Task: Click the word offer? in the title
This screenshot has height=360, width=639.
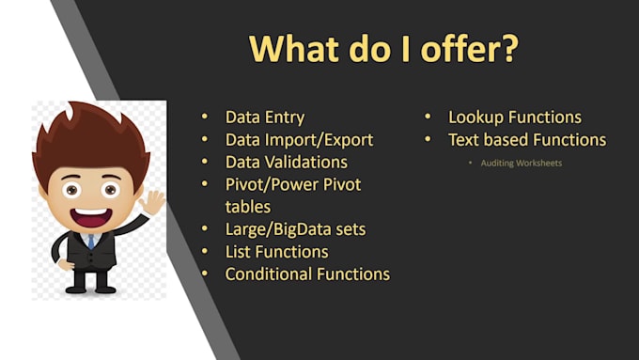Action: (x=467, y=50)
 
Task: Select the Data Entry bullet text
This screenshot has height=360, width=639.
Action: (x=265, y=117)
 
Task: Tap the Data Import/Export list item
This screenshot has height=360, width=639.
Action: (x=299, y=140)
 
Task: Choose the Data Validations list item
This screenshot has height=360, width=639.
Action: (x=286, y=163)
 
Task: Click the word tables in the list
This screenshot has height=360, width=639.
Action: (x=248, y=206)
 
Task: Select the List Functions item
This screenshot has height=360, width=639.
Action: (x=276, y=251)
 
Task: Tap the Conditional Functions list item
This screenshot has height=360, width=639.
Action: (x=307, y=274)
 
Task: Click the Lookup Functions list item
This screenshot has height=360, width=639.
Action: (x=514, y=117)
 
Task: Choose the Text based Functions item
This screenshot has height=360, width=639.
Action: (x=526, y=140)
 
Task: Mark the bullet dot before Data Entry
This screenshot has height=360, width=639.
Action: (x=206, y=117)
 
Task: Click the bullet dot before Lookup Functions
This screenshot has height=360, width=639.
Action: (x=428, y=117)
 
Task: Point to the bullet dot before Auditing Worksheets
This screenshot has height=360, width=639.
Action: (x=470, y=164)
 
